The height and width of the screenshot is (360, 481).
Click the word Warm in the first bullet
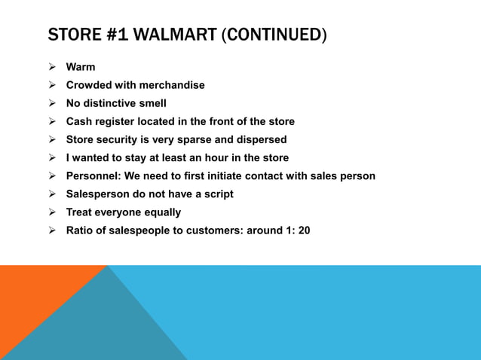[x=81, y=67]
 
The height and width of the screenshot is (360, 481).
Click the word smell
[x=150, y=103]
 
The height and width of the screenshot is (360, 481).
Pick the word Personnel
[x=93, y=175]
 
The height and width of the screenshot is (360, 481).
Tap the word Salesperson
[x=98, y=194]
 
